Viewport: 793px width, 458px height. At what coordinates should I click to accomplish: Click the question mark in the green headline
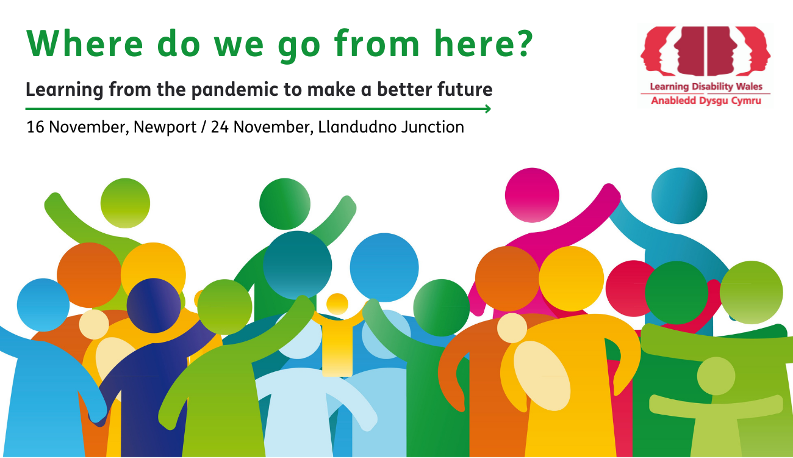point(523,43)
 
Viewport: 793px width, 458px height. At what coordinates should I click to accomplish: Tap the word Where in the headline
point(85,43)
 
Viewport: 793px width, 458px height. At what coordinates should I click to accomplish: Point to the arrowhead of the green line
point(487,109)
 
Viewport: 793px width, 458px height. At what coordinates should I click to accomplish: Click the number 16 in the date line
point(35,127)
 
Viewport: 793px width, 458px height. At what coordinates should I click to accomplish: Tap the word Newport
point(165,128)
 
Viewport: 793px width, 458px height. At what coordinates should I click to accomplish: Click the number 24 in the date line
point(220,127)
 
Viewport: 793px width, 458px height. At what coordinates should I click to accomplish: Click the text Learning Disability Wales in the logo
point(706,87)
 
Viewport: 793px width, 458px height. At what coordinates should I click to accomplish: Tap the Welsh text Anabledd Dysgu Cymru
point(706,101)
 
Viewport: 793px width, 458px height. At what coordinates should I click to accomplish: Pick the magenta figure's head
point(532,195)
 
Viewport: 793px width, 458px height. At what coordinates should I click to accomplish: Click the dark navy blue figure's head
point(153,305)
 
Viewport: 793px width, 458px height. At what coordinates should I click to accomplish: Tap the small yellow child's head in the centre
point(337,304)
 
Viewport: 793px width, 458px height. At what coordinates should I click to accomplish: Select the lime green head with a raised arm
point(125,203)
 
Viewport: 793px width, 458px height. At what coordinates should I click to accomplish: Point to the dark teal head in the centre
point(298,266)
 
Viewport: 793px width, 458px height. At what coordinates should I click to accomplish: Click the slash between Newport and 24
point(203,128)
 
